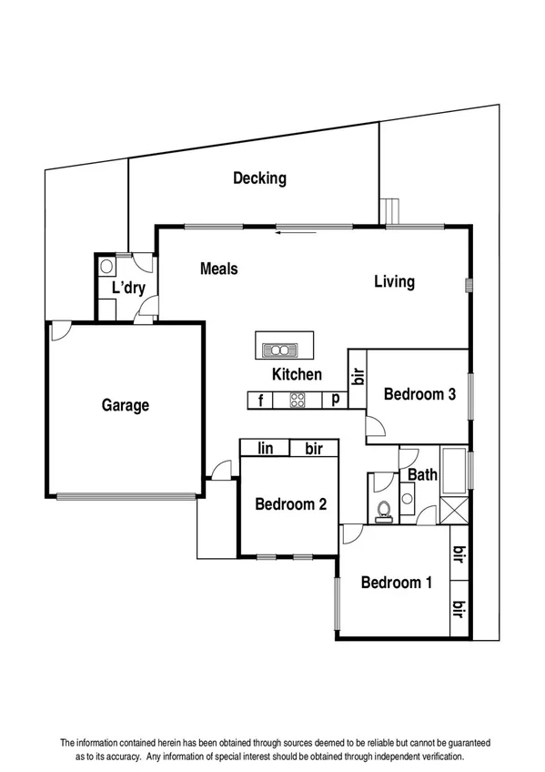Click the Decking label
(259, 178)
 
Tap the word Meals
(219, 269)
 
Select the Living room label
(395, 281)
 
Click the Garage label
(125, 406)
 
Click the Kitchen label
(297, 374)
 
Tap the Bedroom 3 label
(419, 394)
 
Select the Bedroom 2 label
(290, 504)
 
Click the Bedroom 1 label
(397, 583)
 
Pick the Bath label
(422, 474)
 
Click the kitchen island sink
(282, 349)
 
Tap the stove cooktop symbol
(298, 399)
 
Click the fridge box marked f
(261, 399)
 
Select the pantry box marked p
(336, 399)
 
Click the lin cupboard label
(266, 448)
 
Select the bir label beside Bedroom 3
(358, 374)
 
